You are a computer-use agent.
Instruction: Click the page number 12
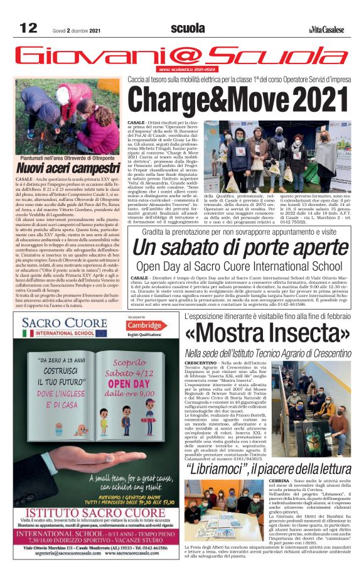28,28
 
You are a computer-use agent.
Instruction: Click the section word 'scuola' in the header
188,28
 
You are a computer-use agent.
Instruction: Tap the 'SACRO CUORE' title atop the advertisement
65,324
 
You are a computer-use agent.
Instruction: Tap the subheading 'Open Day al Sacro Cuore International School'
239,266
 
